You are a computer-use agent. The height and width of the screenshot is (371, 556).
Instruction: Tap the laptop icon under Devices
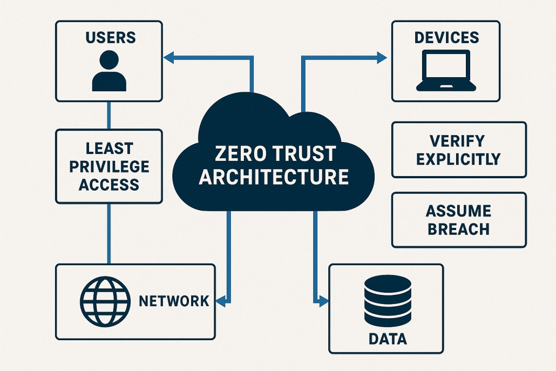[x=446, y=71]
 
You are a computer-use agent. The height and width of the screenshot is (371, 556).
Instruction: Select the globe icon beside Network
[x=105, y=301]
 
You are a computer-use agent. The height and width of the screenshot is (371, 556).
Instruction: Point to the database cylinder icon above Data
[x=388, y=300]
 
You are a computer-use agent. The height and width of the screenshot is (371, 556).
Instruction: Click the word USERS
[x=111, y=38]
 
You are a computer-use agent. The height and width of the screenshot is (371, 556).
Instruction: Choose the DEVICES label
[x=446, y=38]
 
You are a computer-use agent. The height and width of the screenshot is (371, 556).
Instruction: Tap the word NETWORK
[x=174, y=301]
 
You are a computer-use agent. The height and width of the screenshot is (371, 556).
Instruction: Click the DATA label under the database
[x=388, y=339]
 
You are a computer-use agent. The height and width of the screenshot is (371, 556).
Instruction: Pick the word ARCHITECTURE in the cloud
[x=274, y=177]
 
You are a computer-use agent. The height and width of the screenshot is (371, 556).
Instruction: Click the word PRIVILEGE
[x=109, y=167]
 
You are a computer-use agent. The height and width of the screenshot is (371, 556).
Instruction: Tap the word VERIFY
[x=457, y=141]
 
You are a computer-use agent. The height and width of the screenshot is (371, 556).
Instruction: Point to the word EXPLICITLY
[x=458, y=159]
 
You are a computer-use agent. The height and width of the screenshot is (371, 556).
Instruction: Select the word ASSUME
[x=458, y=211]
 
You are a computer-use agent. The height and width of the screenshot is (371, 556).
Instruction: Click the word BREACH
[x=458, y=230]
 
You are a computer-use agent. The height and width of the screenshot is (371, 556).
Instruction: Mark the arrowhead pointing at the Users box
[x=168, y=57]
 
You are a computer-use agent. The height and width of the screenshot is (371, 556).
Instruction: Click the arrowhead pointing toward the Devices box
[x=382, y=57]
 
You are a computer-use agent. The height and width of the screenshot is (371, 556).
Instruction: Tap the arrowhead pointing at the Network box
[x=221, y=301]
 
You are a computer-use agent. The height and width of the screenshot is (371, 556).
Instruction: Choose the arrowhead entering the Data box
[x=324, y=301]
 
